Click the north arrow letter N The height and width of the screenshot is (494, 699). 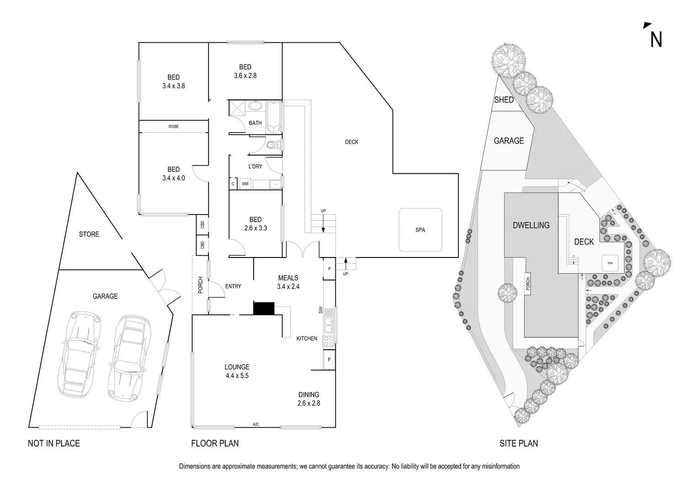tap(656, 40)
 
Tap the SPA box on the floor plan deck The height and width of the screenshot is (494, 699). tap(420, 230)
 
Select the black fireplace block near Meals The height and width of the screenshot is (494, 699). tap(264, 308)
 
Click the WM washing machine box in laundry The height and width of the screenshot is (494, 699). tap(245, 184)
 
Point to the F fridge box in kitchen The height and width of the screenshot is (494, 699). tap(329, 360)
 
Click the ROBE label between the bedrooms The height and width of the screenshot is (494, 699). tap(173, 127)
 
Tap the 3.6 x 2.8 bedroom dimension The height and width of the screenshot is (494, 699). tap(245, 76)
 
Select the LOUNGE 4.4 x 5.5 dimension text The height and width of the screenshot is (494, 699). tap(237, 376)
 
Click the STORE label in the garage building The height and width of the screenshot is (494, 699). tap(89, 234)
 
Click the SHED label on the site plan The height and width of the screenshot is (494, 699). tap(504, 100)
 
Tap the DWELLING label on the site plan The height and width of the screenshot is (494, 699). tap(531, 225)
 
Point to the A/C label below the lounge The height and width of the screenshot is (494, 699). tap(256, 425)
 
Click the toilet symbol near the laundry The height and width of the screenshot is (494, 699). tap(272, 145)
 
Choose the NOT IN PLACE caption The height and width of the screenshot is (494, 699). tap(54, 443)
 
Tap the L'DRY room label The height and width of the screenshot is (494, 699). tap(255, 166)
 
